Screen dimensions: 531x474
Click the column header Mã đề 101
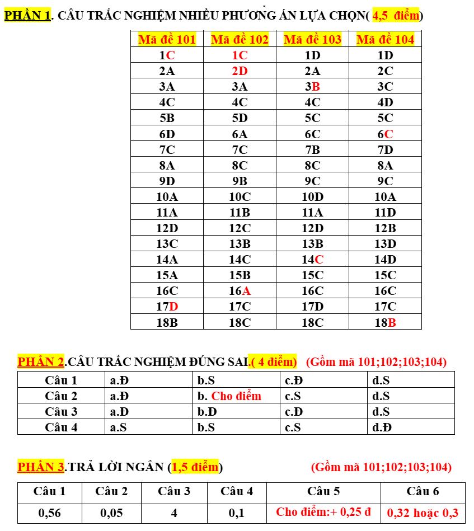pos(167,39)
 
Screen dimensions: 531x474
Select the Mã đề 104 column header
pos(385,39)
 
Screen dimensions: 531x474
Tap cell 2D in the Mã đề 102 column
pos(240,71)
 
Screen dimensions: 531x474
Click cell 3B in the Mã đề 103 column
pos(312,87)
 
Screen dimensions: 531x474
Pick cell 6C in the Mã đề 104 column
pos(385,134)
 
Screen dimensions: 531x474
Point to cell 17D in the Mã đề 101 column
pos(167,306)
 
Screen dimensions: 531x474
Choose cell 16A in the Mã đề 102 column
pos(240,290)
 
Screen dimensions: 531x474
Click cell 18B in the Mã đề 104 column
pos(385,322)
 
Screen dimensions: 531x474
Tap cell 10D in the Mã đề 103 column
pos(312,196)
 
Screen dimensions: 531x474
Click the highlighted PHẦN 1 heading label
pos(27,16)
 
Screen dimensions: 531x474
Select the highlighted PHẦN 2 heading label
pos(41,361)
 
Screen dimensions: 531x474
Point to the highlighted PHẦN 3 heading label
pos(41,467)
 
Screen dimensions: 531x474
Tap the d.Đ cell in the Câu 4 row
pos(382,427)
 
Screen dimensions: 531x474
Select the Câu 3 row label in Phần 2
pos(61,412)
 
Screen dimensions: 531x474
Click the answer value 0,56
pos(49,513)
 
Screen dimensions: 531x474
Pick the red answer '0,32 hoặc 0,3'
pos(423,513)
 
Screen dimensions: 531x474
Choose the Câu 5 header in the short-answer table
pos(323,491)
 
